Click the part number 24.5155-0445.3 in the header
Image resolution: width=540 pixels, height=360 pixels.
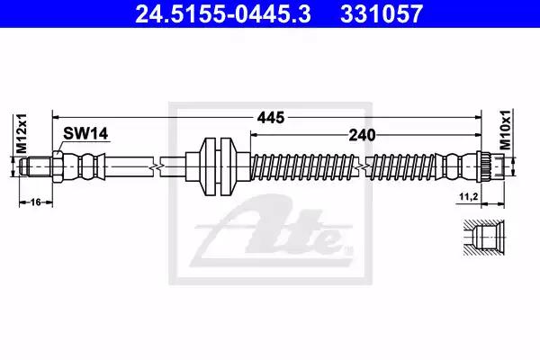[223, 14]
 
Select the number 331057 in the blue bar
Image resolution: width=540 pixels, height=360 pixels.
[382, 14]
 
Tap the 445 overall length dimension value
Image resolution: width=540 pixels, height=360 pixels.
[271, 118]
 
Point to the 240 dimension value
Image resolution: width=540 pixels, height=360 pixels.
[362, 135]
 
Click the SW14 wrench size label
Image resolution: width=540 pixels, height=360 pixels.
[85, 133]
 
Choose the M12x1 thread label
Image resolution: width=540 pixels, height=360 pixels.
[22, 133]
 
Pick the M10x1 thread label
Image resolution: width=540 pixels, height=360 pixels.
[505, 130]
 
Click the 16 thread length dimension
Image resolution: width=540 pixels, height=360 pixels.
[36, 202]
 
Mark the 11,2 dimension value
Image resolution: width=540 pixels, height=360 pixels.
[469, 197]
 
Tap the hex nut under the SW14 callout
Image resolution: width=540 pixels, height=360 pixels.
[58, 166]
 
